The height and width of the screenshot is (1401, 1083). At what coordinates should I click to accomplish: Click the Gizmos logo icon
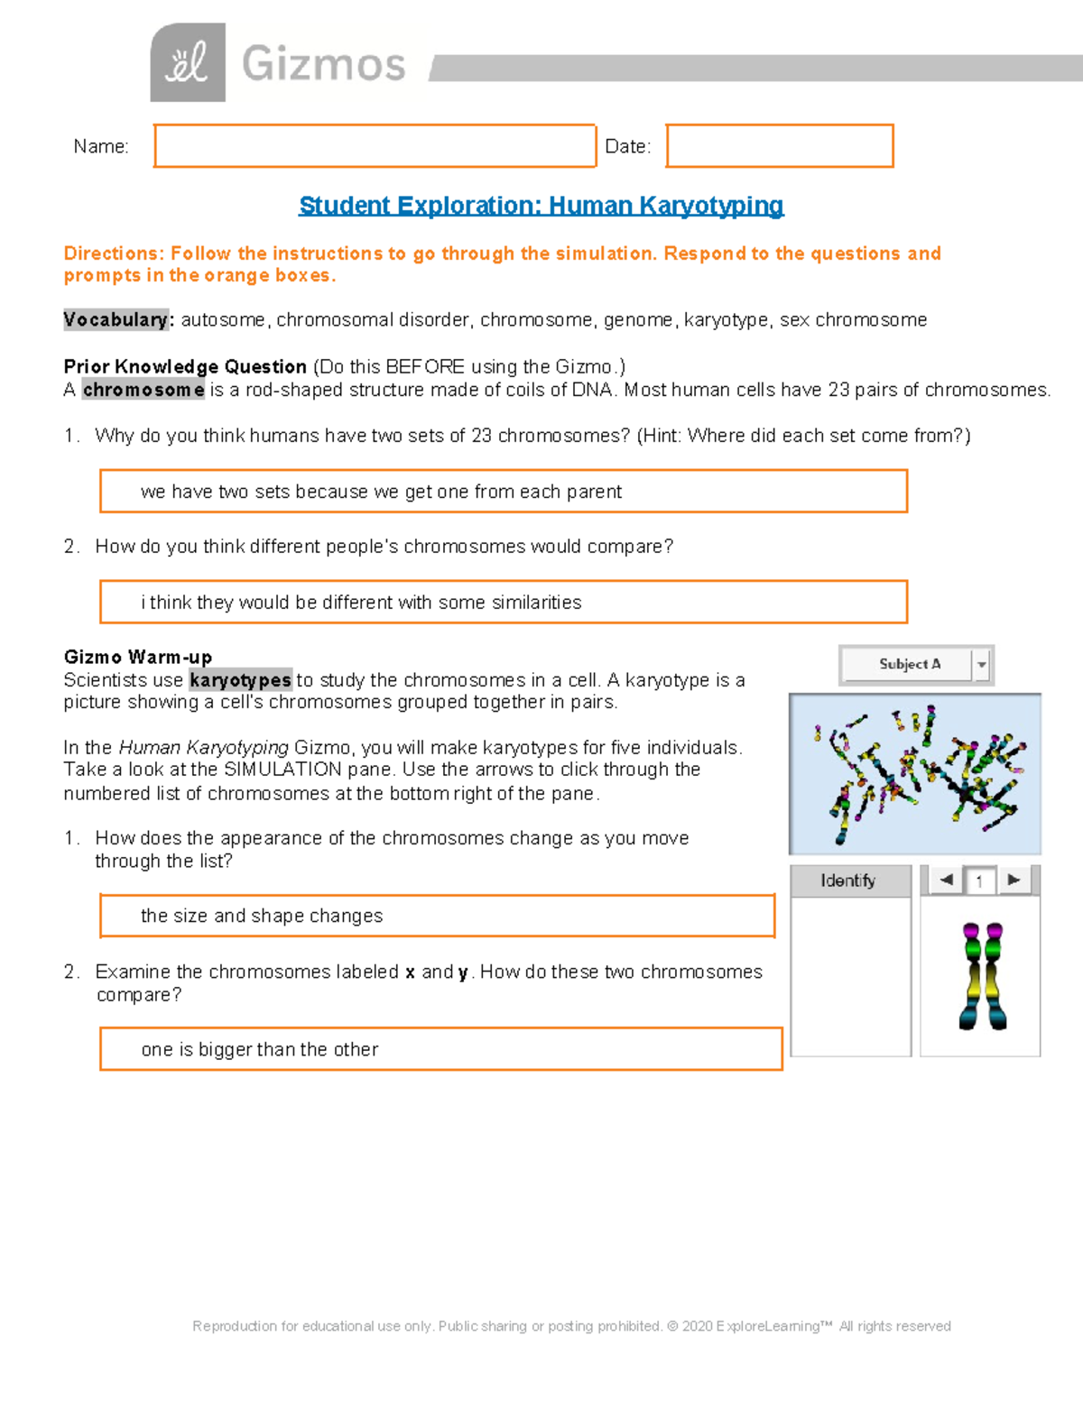[x=188, y=63]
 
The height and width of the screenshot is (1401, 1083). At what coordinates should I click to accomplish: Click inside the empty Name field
[x=375, y=146]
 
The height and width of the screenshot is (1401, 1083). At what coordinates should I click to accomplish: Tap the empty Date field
[x=780, y=146]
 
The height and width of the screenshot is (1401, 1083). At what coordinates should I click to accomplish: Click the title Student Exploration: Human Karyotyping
[x=541, y=206]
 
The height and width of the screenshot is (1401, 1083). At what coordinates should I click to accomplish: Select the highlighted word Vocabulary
[x=116, y=320]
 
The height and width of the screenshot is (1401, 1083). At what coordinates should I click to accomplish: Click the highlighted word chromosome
[x=143, y=390]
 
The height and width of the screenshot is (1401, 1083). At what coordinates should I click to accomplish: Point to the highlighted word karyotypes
[x=240, y=680]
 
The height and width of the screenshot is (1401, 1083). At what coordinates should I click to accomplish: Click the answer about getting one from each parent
[x=381, y=492]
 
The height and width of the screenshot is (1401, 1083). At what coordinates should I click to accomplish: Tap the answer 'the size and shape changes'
[x=262, y=917]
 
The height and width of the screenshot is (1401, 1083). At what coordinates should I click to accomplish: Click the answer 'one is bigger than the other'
[x=260, y=1050]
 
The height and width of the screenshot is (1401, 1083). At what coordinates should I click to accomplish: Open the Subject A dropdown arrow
[x=982, y=665]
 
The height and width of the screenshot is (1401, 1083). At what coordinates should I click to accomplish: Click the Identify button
[x=848, y=880]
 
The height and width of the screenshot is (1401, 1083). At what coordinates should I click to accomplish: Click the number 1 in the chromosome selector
[x=979, y=881]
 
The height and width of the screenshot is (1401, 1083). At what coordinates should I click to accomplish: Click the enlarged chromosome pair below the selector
[x=982, y=976]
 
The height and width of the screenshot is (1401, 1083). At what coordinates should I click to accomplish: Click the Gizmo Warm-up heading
[x=138, y=657]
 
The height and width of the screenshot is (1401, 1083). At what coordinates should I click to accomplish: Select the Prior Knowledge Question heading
[x=185, y=366]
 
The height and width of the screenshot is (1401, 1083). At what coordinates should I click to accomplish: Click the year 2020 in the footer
[x=696, y=1326]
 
